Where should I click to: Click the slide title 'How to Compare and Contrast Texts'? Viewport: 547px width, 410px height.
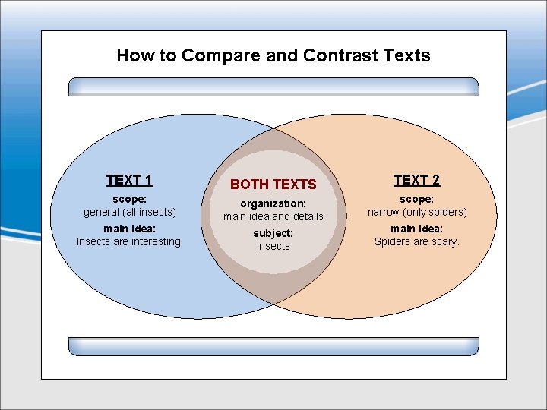pyautogui.click(x=273, y=55)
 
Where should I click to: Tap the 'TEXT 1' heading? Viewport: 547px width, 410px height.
pyautogui.click(x=129, y=180)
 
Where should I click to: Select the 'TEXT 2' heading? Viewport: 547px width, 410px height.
pyautogui.click(x=416, y=180)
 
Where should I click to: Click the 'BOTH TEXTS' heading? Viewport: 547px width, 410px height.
pyautogui.click(x=273, y=184)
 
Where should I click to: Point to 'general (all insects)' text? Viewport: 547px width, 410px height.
pyautogui.click(x=129, y=212)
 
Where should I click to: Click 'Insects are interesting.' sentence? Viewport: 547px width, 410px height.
pyautogui.click(x=130, y=241)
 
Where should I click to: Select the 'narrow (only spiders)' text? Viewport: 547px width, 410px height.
pyautogui.click(x=417, y=212)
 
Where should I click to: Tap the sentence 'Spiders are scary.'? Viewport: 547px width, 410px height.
pyautogui.click(x=417, y=241)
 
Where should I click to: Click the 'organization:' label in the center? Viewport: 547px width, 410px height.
pyautogui.click(x=273, y=203)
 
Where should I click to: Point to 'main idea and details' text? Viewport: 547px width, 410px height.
pyautogui.click(x=273, y=216)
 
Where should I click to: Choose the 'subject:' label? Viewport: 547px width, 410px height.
pyautogui.click(x=273, y=233)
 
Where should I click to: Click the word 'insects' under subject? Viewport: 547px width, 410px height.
pyautogui.click(x=273, y=246)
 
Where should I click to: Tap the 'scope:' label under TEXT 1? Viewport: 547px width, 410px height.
pyautogui.click(x=129, y=198)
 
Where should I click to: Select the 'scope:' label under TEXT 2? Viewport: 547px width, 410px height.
pyautogui.click(x=417, y=198)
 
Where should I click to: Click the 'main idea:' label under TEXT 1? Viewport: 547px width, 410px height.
pyautogui.click(x=129, y=229)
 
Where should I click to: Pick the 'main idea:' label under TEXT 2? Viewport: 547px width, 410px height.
pyautogui.click(x=417, y=229)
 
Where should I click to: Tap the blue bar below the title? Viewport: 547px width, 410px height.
pyautogui.click(x=273, y=87)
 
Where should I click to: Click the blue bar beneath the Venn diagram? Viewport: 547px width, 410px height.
pyautogui.click(x=273, y=346)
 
